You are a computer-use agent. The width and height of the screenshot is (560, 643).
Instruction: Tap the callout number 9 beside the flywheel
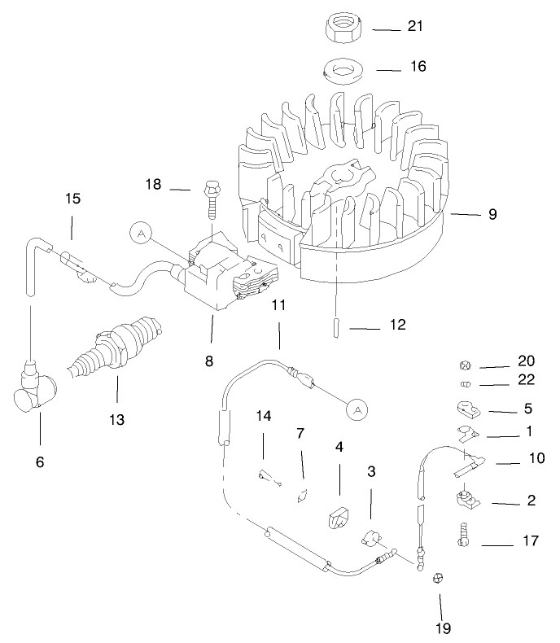(x=492, y=215)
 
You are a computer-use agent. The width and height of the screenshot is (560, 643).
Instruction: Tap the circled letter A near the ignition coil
(x=142, y=234)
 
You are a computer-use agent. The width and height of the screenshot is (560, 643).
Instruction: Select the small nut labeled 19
(x=437, y=579)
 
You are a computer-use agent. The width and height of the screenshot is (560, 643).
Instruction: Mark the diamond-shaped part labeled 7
(x=303, y=496)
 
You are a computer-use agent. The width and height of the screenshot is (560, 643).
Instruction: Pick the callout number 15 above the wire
(x=72, y=199)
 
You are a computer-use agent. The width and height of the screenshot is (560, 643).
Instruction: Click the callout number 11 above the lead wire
(x=278, y=306)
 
